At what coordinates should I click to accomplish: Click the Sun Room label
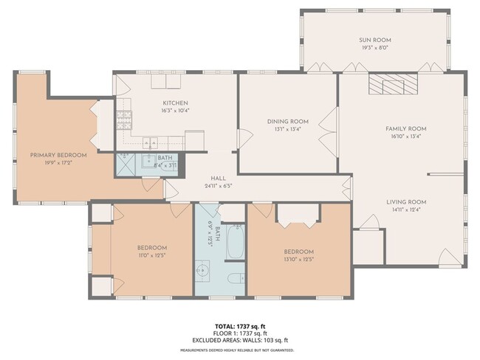pyautogui.click(x=376, y=40)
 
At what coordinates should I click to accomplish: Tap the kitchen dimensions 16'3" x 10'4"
pyautogui.click(x=175, y=110)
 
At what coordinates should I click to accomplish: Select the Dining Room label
pyautogui.click(x=288, y=122)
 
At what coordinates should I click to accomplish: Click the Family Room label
pyautogui.click(x=406, y=128)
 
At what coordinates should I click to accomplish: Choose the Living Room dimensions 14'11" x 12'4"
pyautogui.click(x=406, y=209)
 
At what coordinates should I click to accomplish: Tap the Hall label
pyautogui.click(x=218, y=178)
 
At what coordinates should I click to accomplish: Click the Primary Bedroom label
pyautogui.click(x=58, y=155)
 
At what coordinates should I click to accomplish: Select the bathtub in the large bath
pyautogui.click(x=234, y=244)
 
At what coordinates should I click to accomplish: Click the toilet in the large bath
pyautogui.click(x=233, y=279)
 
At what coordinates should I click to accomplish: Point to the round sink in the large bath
pyautogui.click(x=202, y=271)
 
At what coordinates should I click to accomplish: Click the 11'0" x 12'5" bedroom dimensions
pyautogui.click(x=151, y=255)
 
